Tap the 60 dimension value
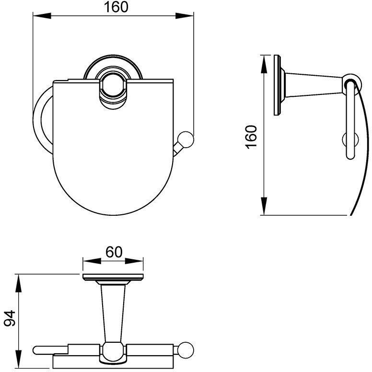(114, 252)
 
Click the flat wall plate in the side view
(277, 85)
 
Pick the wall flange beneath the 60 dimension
(113, 278)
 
